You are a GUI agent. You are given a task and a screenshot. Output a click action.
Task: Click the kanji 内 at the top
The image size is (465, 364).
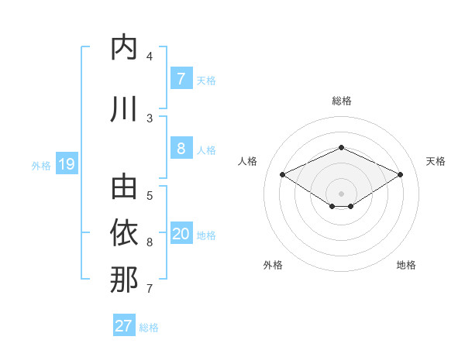click(124, 48)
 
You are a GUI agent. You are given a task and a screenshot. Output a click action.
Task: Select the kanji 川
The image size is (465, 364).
click(124, 108)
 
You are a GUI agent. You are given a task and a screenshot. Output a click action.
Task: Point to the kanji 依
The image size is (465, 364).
click(124, 233)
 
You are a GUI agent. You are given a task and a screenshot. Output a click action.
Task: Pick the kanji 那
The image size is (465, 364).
click(124, 279)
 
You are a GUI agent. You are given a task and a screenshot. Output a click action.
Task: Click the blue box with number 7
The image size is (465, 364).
click(181, 78)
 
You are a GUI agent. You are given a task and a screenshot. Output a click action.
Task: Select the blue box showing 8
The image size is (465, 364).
click(181, 149)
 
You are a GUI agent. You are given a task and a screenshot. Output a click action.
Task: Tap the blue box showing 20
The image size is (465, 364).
click(181, 235)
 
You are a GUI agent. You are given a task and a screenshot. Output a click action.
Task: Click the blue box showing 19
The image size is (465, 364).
click(67, 164)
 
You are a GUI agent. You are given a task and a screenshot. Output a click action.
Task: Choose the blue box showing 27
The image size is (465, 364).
click(124, 326)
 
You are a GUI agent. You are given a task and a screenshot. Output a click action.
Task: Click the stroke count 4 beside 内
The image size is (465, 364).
click(150, 57)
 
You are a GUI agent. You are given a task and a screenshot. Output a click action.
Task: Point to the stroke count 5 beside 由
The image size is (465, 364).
click(150, 195)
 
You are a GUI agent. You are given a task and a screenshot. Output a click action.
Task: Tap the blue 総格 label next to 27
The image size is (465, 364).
click(149, 328)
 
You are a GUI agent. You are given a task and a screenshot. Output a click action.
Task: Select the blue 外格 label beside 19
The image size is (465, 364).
click(41, 166)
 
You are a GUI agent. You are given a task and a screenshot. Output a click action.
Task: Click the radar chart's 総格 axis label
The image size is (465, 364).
click(341, 101)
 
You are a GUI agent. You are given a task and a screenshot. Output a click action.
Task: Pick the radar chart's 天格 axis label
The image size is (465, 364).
click(436, 161)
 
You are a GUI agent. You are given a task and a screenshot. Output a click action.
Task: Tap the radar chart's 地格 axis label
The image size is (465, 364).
click(406, 266)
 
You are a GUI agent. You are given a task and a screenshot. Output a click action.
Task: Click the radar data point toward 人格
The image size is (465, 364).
click(282, 175)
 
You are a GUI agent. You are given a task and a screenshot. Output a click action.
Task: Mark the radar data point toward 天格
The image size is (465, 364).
click(400, 175)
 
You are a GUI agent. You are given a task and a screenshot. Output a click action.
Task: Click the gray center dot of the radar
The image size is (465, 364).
click(341, 193)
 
